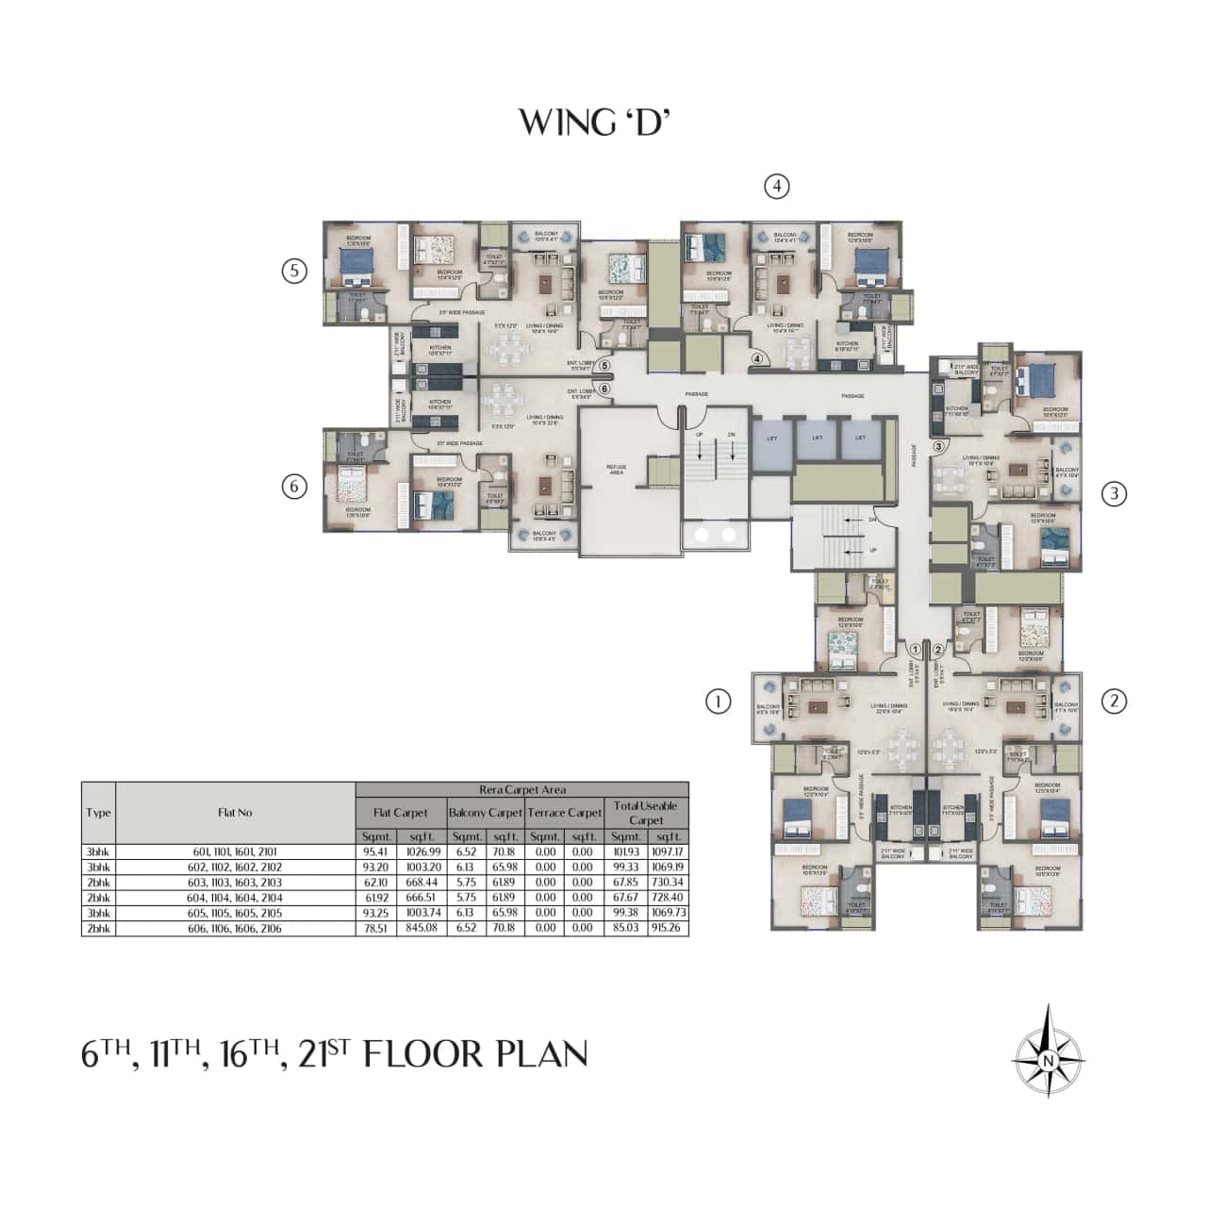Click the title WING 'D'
pos(593,122)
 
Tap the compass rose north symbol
pos(1047,1052)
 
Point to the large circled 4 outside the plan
pos(776,187)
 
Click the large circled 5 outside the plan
pos(295,272)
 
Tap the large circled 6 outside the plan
pos(295,487)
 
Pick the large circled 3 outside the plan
pos(1115,493)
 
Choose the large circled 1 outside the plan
pos(719,701)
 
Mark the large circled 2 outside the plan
pos(1115,701)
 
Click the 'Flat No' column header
pos(235,813)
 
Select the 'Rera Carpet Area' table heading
pos(522,790)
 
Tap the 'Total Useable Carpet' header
pos(646,813)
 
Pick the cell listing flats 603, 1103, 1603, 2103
pos(235,882)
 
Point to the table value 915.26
pos(669,929)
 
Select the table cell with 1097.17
pos(669,852)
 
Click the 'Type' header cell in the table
pos(98,813)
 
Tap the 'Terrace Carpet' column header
pos(564,813)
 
